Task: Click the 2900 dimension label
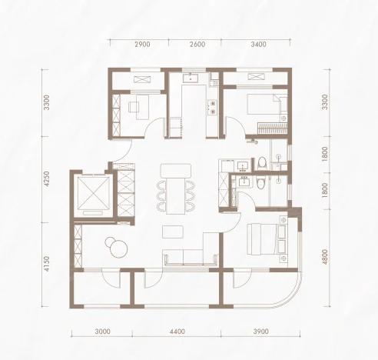tap(142, 45)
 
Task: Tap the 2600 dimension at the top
tap(197, 45)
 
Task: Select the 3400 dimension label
tap(258, 45)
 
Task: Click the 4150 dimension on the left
tap(46, 264)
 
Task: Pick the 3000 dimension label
tap(102, 332)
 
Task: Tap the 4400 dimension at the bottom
tap(177, 332)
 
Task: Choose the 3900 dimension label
tap(261, 332)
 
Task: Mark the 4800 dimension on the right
tap(325, 257)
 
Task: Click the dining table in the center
tap(176, 196)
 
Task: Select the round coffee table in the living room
tap(118, 248)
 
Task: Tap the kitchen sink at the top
tap(191, 77)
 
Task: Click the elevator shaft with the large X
tap(94, 193)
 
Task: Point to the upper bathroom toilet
tap(262, 163)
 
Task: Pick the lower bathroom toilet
tap(260, 182)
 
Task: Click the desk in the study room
tap(142, 107)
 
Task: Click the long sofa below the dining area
tap(190, 257)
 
